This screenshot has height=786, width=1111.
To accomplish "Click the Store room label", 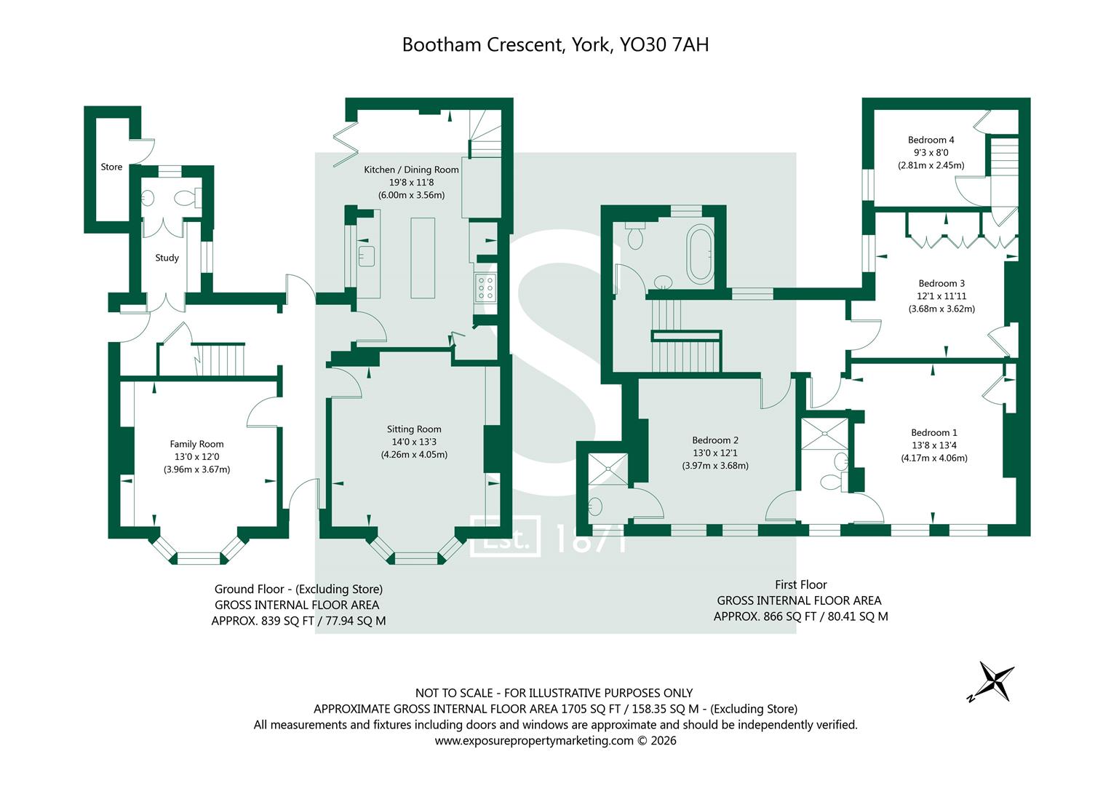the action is coord(111,167).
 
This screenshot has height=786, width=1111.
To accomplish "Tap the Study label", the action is coord(167,258).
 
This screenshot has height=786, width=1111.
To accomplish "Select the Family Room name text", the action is coord(196,444).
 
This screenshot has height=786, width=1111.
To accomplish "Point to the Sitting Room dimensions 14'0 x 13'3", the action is coord(414,442).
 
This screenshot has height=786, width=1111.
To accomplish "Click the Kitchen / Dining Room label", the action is coord(411,169).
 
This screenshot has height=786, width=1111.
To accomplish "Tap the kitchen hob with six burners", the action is coord(485,287).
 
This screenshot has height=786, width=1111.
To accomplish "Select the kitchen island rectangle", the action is coord(423,258).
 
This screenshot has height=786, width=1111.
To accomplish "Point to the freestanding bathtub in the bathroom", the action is coord(700,254).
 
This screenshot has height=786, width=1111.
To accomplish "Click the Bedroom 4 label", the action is coord(931,140).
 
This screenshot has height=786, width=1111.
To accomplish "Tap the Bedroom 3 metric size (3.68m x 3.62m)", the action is coord(941,309).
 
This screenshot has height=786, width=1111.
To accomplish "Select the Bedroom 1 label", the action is coord(934,432).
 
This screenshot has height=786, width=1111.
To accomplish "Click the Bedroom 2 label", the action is coord(715,440).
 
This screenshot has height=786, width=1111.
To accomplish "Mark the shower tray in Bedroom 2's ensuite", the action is coord(608,469).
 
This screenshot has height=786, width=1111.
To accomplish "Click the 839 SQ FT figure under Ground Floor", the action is coord(287,621).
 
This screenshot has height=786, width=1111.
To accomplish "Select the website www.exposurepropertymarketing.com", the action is coord(534,741).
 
